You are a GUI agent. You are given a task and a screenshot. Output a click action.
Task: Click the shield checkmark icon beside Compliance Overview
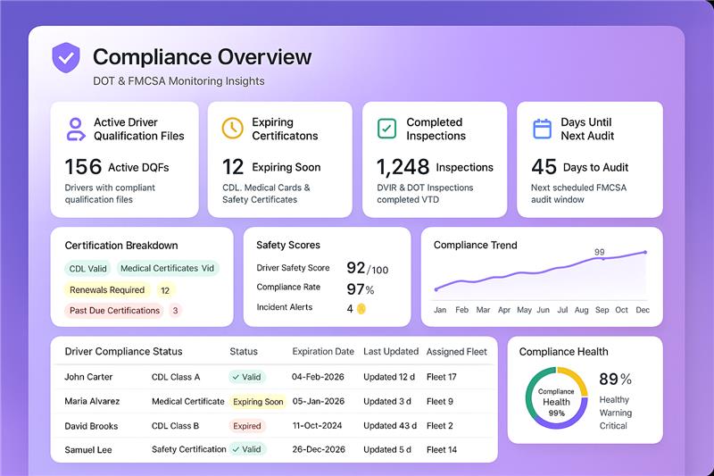coord(66,57)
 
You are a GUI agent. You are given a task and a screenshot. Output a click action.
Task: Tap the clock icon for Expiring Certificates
coord(232,129)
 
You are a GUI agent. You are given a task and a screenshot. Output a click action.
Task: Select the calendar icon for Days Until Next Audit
coord(542,129)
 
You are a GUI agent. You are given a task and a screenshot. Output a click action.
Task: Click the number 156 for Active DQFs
coord(83,167)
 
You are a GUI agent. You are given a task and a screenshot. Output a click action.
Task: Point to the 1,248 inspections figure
coord(402,167)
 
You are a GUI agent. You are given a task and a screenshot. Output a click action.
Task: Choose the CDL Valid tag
coord(87,268)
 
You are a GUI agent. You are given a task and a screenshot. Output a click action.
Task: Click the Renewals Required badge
coord(107,289)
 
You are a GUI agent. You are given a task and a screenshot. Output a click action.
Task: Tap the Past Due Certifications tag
coord(114,311)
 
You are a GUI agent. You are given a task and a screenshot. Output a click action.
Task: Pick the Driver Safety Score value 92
coord(356,268)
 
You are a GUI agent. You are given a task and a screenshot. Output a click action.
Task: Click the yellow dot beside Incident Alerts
coord(361,309)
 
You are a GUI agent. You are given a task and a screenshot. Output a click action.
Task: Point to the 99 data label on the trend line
coord(600,252)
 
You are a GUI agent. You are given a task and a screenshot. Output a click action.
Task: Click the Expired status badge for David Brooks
coord(247,426)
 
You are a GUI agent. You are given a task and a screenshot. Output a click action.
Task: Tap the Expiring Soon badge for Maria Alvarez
coord(258,402)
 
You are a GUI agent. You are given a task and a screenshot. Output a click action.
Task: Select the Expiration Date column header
coord(323,352)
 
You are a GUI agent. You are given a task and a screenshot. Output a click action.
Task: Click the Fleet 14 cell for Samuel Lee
coord(442,449)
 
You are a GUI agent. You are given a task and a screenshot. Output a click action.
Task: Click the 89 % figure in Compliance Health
coord(615,379)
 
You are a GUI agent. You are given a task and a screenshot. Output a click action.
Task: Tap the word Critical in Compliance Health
coord(613,426)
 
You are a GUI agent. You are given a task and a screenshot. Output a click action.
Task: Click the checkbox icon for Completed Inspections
coord(386,129)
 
